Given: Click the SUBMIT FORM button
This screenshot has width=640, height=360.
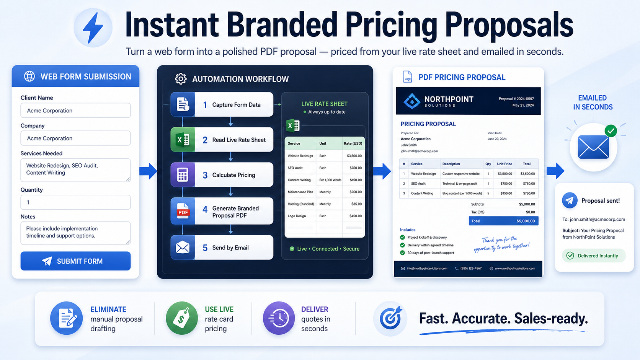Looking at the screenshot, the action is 75,261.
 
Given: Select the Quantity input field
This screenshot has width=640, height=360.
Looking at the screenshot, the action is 75,202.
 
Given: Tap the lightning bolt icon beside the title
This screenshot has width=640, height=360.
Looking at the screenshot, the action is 93,28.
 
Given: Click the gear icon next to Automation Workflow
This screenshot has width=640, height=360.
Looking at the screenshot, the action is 181,79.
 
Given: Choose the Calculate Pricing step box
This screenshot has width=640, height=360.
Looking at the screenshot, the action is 222,175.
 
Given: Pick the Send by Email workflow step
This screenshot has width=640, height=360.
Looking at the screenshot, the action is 222,248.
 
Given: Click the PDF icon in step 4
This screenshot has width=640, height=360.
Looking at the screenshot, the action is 183,211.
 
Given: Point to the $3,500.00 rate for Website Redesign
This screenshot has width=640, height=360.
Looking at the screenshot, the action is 354,156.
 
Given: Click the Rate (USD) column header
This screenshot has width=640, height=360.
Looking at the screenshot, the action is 353,143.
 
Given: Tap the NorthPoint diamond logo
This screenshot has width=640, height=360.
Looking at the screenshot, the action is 412,101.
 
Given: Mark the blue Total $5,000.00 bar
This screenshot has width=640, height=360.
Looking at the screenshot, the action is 503,221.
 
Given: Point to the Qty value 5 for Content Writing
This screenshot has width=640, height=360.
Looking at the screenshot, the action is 488,193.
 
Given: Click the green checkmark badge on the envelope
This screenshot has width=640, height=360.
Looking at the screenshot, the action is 611,131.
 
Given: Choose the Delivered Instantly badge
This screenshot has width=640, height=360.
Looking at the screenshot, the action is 594,256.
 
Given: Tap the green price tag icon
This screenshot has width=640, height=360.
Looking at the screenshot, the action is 182,318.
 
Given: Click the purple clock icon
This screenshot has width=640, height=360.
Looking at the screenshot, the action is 279,318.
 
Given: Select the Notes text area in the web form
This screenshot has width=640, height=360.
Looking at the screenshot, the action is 75,233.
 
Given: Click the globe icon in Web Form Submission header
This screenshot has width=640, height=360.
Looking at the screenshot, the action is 29,76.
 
